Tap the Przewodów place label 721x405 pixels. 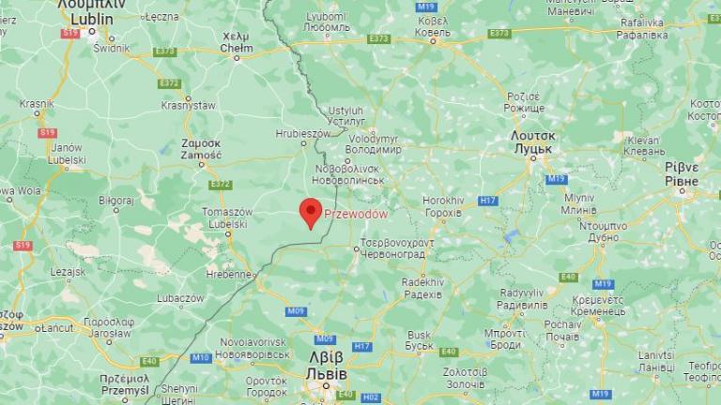(356, 214)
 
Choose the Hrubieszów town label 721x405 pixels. (303, 134)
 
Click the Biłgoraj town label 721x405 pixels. (116, 200)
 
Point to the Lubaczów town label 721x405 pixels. (181, 298)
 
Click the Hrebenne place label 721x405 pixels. (230, 274)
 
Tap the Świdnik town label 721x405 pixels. (112, 47)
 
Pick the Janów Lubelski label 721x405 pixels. (68, 153)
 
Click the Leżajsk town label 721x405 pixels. (68, 272)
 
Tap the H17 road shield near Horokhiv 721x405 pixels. (488, 201)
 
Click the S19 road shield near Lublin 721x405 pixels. (69, 33)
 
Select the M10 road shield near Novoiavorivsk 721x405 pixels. (200, 357)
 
